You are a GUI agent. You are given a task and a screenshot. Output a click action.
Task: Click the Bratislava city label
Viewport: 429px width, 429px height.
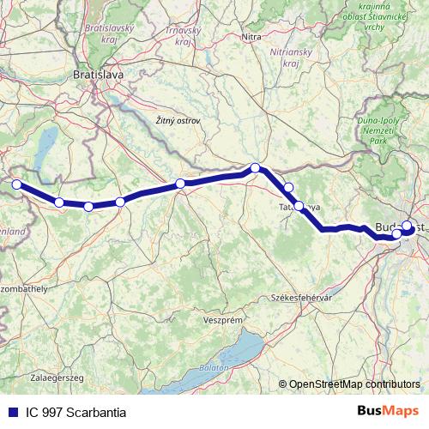(x=99, y=75)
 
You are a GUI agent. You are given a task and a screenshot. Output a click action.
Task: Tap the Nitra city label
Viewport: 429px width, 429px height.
(x=251, y=37)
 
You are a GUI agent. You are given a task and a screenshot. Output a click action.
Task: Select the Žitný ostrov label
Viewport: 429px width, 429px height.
(x=178, y=121)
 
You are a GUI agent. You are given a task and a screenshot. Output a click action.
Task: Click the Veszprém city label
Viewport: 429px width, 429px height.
(x=222, y=318)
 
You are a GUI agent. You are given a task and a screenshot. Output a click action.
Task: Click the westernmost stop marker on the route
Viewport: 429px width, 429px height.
(x=15, y=184)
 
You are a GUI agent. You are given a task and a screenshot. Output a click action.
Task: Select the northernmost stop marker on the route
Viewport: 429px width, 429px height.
(x=255, y=168)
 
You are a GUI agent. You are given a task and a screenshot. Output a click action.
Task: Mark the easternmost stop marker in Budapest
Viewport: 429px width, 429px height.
(x=408, y=227)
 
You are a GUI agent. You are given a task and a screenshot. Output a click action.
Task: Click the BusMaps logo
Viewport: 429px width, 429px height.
(x=387, y=411)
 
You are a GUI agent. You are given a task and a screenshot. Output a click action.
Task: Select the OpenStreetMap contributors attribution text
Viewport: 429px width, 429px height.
(x=354, y=385)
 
